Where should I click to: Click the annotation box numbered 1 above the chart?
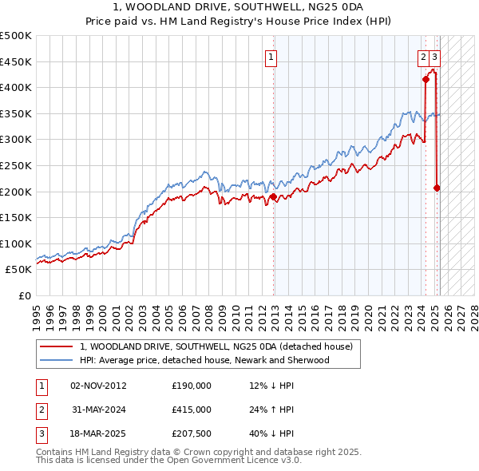coord(272,57)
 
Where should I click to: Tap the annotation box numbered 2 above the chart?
coord(422,57)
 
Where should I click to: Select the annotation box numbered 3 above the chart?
coord(433,57)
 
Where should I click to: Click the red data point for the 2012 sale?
coord(273,196)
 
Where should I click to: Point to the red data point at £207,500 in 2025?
coord(437,188)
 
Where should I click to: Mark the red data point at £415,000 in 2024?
coord(426,79)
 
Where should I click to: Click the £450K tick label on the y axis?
coord(16,61)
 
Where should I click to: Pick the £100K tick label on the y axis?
coord(16,243)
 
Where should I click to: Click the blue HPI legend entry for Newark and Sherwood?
coord(204,360)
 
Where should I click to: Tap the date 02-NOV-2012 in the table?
coord(98,386)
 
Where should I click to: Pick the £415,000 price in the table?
coord(192,410)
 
